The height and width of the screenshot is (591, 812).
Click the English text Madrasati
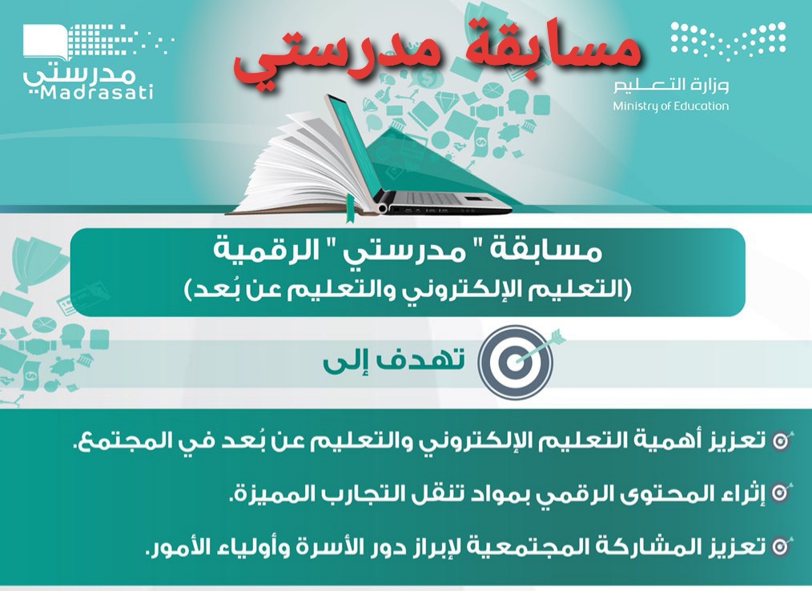[x=96, y=93]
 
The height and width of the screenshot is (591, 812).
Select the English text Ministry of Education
[x=670, y=107]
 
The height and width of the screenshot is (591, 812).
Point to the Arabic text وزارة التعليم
[x=672, y=84]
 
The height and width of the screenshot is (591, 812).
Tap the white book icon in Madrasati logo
[x=45, y=42]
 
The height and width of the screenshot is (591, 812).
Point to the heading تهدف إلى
[x=393, y=360]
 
